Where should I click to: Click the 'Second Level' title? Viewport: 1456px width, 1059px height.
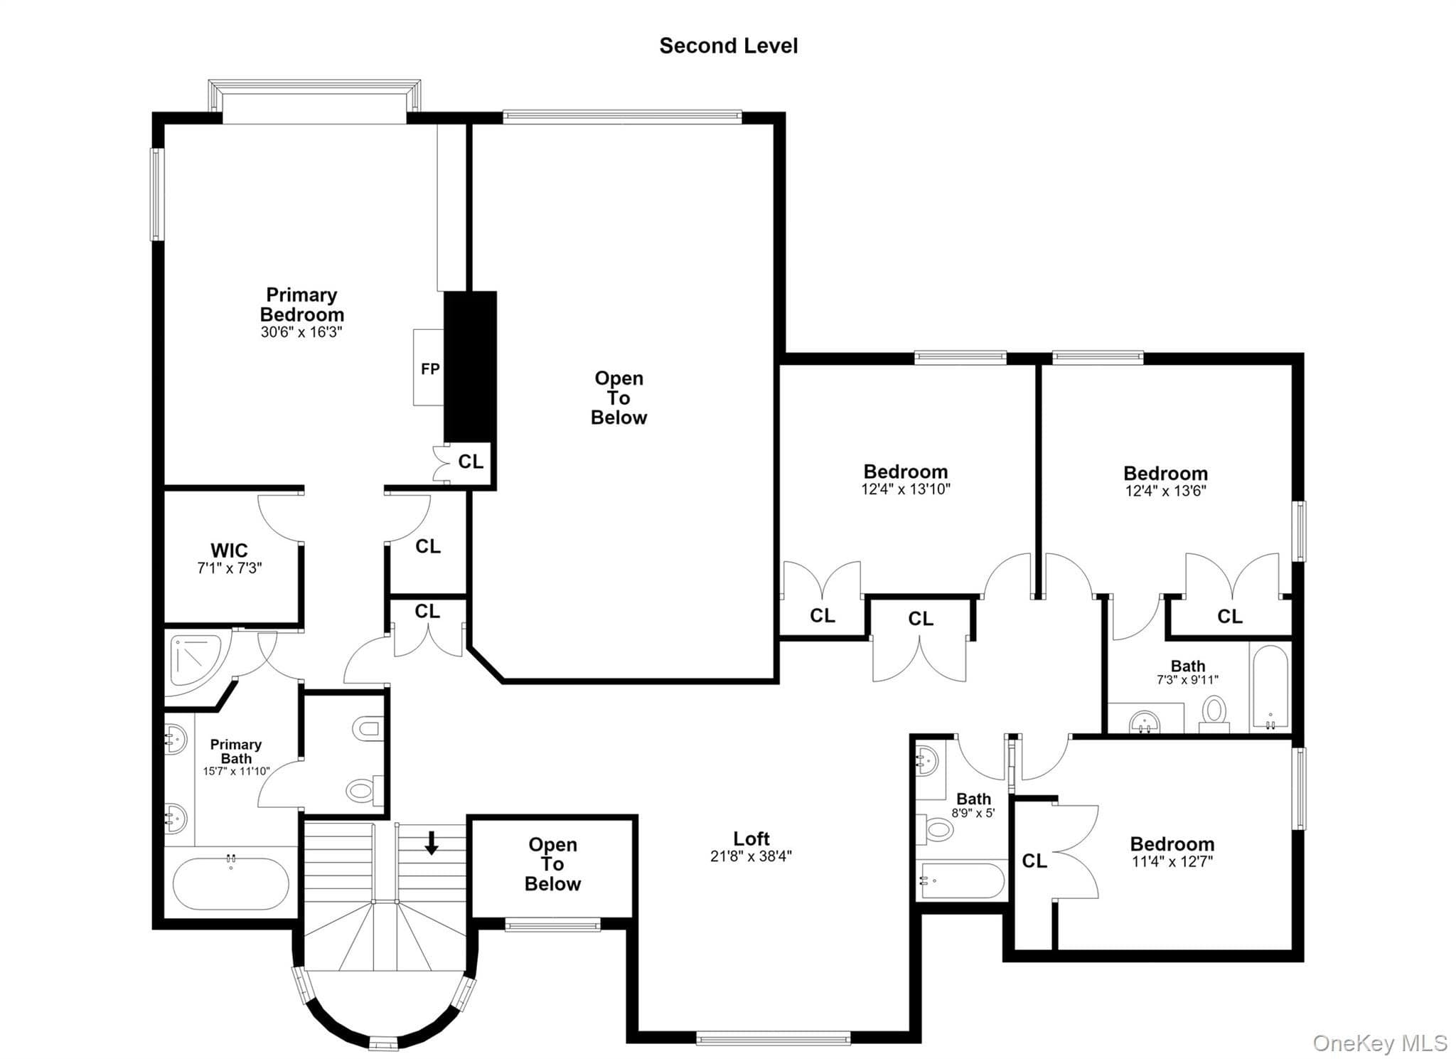tap(728, 46)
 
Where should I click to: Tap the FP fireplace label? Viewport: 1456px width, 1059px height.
tap(430, 368)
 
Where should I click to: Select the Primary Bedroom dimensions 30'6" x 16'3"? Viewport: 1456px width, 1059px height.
tap(301, 332)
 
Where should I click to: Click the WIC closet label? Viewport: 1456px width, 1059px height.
tap(229, 550)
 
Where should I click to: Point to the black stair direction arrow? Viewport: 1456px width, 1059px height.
tap(431, 842)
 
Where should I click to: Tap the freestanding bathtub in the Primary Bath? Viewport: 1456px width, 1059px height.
tap(231, 883)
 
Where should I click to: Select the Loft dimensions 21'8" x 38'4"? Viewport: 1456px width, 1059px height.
tap(751, 856)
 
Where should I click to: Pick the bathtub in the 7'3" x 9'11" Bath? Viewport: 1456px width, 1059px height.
tap(1270, 687)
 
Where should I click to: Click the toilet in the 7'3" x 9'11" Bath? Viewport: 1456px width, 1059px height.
tap(1214, 713)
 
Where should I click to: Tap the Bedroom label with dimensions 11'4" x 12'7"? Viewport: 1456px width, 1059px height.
tap(1172, 844)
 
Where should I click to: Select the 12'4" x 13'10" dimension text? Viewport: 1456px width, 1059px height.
tap(906, 489)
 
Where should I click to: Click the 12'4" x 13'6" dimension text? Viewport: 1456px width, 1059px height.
tap(1165, 491)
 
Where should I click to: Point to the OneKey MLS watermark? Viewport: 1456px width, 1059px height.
tap(1379, 1043)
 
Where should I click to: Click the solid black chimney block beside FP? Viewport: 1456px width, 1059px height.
tap(470, 367)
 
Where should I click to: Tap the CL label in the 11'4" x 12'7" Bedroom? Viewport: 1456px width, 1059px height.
tap(1034, 861)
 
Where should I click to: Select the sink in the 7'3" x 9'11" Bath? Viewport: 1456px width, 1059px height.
tap(1144, 721)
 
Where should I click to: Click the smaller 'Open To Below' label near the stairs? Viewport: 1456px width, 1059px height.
tap(552, 864)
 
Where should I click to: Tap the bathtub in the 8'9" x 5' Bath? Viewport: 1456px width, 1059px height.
tap(963, 880)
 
